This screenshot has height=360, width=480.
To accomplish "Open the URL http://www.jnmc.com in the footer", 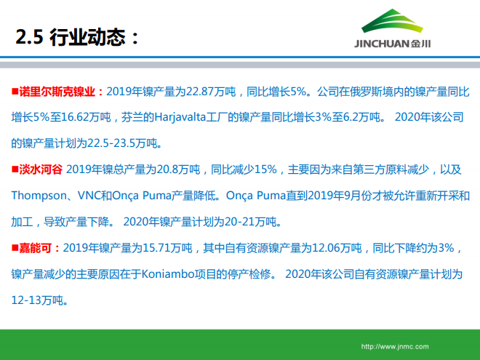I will pos(395,347).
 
